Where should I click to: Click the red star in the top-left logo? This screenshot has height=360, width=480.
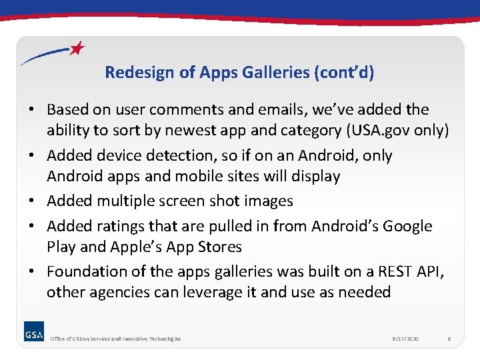pos(78,48)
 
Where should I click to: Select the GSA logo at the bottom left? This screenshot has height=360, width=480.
pos(34,334)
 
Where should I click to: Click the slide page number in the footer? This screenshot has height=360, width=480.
pos(449,339)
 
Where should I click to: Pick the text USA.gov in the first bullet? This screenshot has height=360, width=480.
pos(380,130)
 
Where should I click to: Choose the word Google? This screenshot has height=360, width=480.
pos(406,226)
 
